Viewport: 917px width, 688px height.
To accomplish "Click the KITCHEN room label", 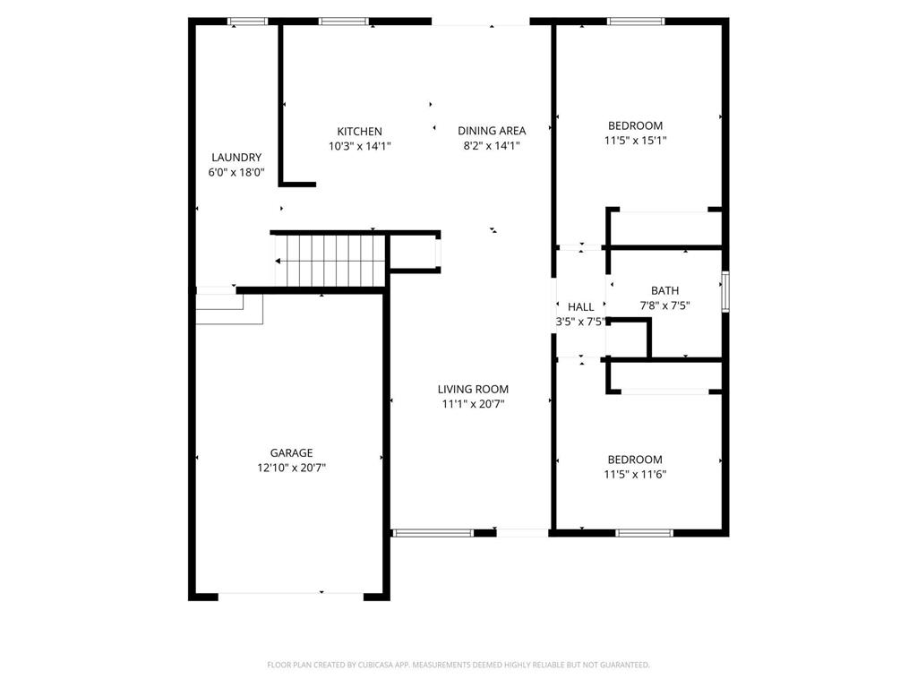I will coord(359,132).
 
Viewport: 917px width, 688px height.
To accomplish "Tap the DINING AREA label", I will coord(492,131).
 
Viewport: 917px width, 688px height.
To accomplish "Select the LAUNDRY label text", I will coord(236,158).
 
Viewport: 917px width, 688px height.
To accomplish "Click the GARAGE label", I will coord(292,453).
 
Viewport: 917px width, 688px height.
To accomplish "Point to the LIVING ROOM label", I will coord(473,389).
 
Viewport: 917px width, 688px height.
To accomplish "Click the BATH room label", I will coord(664,290).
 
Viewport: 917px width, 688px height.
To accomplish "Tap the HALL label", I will coord(580,307).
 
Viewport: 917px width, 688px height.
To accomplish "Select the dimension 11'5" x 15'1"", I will coord(636,141).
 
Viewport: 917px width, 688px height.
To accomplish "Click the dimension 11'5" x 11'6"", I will coord(635,475).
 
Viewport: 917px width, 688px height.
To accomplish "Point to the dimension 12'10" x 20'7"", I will coord(292,468).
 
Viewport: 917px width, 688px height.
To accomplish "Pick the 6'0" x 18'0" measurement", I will coord(236,172).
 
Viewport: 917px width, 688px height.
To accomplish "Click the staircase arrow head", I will coord(279,262).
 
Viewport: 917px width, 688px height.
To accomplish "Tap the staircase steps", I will coord(330,261).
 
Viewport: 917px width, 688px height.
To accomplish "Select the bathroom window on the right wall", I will coord(725,291).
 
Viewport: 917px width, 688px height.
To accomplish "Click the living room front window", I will coord(433,533).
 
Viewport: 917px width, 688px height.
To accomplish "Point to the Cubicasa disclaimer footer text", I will coord(458,665).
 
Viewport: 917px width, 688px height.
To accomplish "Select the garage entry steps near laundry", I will coord(229,309).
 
